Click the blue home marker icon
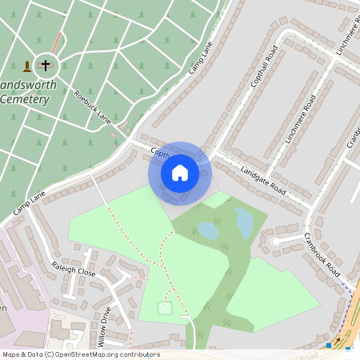[180, 173]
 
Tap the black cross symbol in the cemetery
[46, 66]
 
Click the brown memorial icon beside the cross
[28, 66]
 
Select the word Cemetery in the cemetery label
[25, 100]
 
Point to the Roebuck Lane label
[92, 107]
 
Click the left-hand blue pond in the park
[207, 231]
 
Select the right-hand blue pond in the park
[245, 223]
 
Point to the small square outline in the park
[165, 308]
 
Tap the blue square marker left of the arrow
[329, 346]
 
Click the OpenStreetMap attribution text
[81, 354]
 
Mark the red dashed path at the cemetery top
[55, 40]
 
